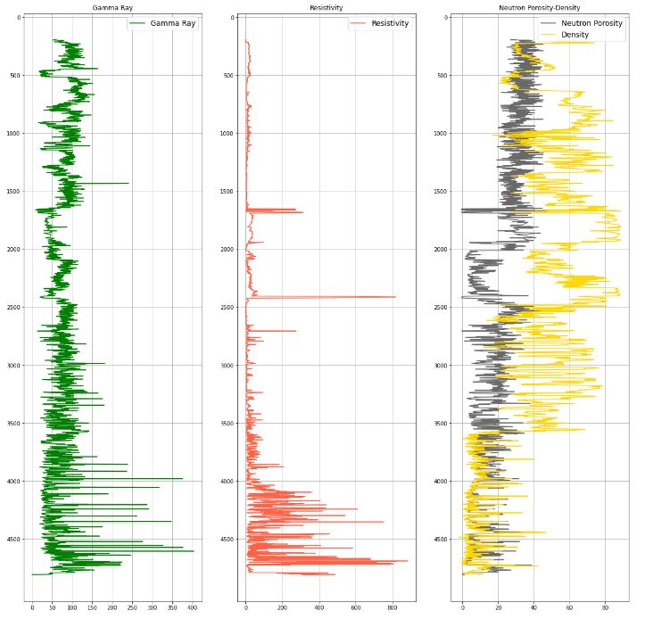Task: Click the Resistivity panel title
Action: pyautogui.click(x=327, y=7)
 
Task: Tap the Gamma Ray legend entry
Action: pyautogui.click(x=172, y=23)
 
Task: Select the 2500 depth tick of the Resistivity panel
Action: pyautogui.click(x=226, y=308)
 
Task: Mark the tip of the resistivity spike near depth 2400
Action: pyautogui.click(x=395, y=297)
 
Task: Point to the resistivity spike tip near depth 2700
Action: pyautogui.click(x=295, y=331)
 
